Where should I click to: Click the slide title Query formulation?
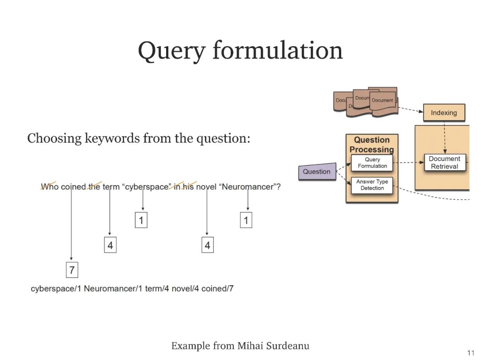pos(240,50)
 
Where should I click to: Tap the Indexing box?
pos(444,113)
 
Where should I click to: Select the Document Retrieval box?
pos(444,162)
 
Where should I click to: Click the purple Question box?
pos(317,171)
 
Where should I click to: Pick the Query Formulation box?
pos(372,163)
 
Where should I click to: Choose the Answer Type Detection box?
pos(372,185)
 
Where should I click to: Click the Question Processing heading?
pos(372,145)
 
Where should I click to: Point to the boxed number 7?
pos(72,269)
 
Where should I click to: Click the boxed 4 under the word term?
pos(110,245)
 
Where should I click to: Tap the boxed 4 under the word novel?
pos(207,245)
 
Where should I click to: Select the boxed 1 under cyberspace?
pos(141,220)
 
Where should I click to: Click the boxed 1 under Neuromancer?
pos(246,220)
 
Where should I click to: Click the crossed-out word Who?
pos(49,187)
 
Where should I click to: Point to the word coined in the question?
pos(73,187)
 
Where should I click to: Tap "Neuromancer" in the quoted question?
pos(247,187)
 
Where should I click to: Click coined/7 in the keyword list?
pos(217,288)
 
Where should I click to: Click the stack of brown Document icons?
pos(366,101)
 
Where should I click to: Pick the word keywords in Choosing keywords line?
pos(111,138)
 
